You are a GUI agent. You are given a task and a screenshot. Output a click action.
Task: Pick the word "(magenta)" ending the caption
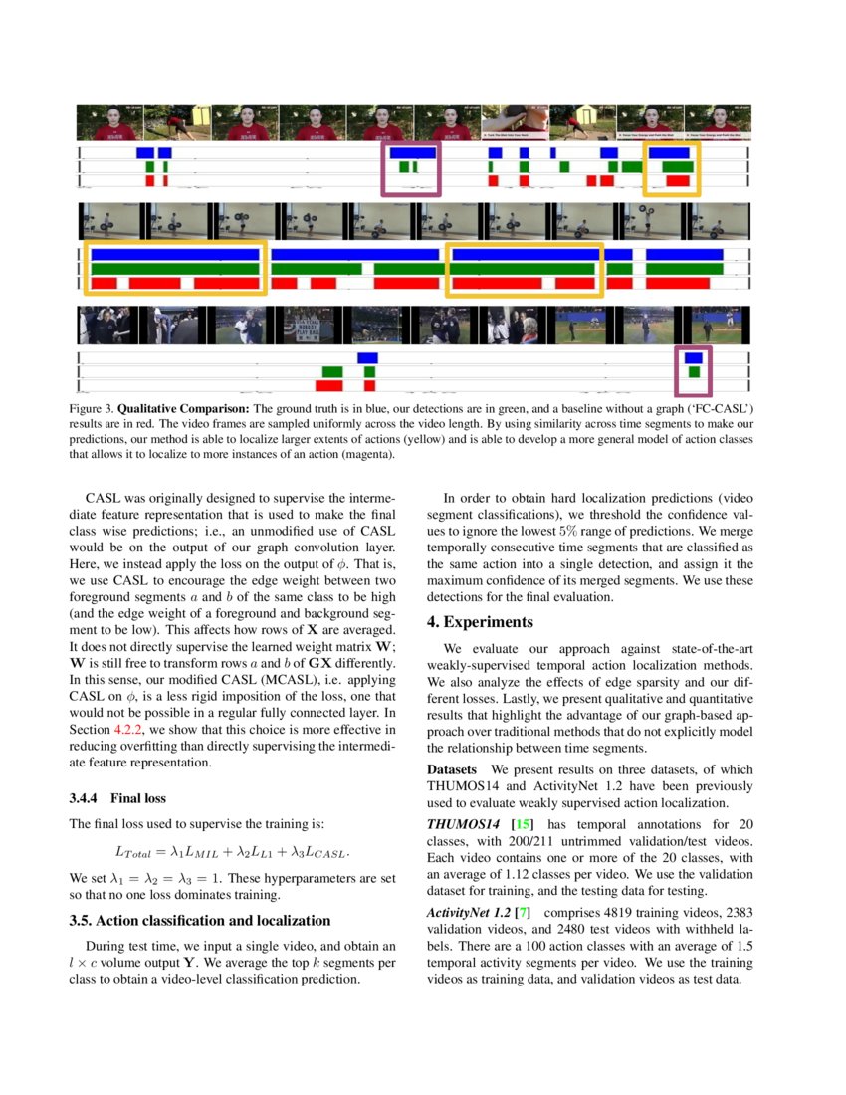click(x=365, y=455)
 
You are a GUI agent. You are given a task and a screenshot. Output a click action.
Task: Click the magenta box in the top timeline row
click(x=410, y=168)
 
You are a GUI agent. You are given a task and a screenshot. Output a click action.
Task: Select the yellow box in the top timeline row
click(x=672, y=168)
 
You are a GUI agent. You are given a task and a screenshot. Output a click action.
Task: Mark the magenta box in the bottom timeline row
click(x=693, y=371)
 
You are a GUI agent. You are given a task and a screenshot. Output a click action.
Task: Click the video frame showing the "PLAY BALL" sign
click(x=309, y=326)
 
